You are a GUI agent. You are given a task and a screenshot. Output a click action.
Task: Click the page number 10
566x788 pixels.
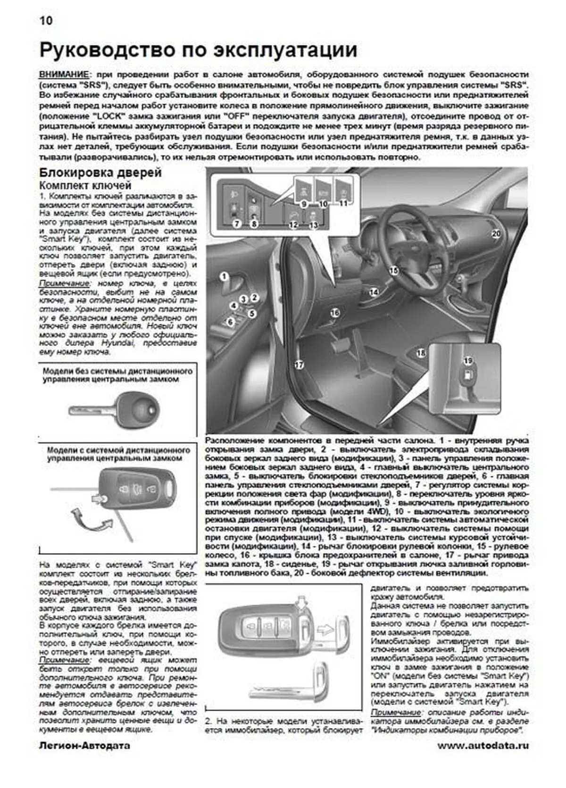click(x=46, y=21)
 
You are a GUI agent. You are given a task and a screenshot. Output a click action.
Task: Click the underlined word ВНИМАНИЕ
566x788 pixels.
click(x=63, y=75)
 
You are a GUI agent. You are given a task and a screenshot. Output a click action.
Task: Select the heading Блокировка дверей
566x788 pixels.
click(x=100, y=173)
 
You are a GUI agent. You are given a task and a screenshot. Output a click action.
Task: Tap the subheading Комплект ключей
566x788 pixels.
click(x=85, y=186)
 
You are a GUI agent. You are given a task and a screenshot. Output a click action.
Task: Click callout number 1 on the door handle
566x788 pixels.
click(x=224, y=277)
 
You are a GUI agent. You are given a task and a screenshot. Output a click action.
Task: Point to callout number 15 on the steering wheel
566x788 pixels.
click(x=393, y=270)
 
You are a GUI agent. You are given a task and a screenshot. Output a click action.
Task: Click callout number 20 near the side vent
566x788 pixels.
click(x=496, y=233)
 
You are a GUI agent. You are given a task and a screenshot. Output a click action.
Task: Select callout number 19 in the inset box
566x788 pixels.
click(x=467, y=361)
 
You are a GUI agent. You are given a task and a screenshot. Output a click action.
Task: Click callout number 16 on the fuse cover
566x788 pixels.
click(x=335, y=313)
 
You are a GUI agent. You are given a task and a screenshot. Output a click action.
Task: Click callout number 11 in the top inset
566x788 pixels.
click(x=343, y=204)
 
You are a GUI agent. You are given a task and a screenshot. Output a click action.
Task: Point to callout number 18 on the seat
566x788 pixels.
click(x=421, y=352)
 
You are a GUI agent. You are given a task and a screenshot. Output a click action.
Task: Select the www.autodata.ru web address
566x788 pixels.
click(x=483, y=746)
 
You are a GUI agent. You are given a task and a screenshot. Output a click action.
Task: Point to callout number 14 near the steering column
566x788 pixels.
click(x=374, y=292)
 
